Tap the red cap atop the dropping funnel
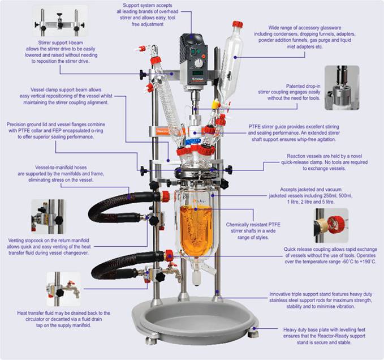pos(238,24)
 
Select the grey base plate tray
pos(195,319)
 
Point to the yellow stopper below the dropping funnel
pos(215,104)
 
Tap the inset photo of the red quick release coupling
pos(331,225)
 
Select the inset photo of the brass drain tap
pos(64,289)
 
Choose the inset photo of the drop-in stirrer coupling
pos(342,88)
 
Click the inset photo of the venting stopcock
pos(49,216)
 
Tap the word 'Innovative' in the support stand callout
pos(280,294)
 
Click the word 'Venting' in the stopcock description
pos(16,241)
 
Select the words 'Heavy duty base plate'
pos(308,329)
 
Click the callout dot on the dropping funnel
pos(235,57)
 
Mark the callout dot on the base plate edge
pos(254,328)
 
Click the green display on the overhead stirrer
pos(197,73)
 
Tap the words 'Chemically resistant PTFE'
pos(253,225)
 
